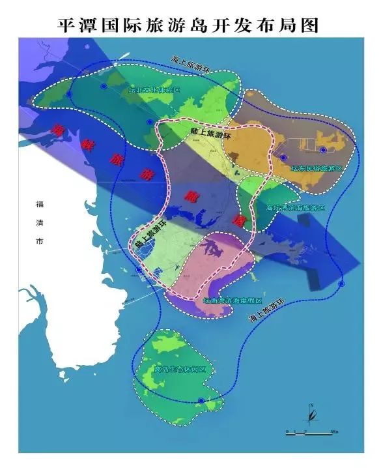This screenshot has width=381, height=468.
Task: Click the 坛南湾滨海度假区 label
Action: coord(232,301)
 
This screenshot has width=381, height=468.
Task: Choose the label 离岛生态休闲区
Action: coord(178,370)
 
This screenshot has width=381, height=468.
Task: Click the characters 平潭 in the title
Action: coord(74,24)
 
